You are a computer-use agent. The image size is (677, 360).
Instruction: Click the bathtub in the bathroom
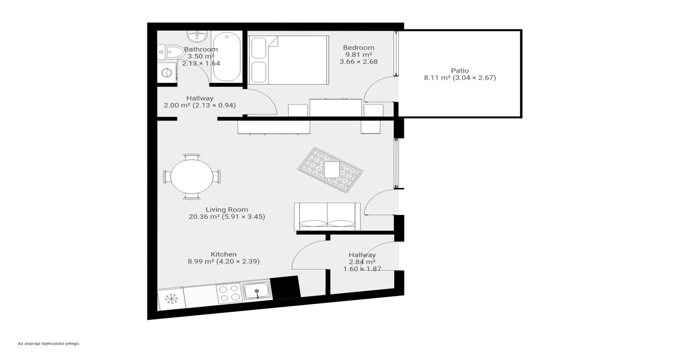click(227, 57)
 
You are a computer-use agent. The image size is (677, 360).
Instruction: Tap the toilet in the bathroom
click(171, 52)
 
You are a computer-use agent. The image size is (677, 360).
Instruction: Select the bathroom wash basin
click(197, 36)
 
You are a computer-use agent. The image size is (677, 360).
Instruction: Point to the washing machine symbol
click(167, 73)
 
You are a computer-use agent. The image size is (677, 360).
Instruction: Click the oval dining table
click(192, 176)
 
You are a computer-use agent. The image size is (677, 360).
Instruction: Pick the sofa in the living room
click(327, 217)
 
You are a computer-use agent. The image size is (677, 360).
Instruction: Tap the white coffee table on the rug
click(332, 170)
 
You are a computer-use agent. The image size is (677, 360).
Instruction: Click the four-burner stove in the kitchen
click(229, 293)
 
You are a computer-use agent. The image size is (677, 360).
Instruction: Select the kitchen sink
click(257, 290)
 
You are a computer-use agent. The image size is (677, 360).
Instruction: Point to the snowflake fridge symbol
click(171, 299)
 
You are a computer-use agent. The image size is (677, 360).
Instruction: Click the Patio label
click(460, 71)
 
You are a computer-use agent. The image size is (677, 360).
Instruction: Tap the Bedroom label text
click(358, 47)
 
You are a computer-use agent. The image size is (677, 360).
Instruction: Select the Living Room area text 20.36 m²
click(204, 217)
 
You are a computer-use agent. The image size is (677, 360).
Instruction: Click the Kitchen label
click(223, 254)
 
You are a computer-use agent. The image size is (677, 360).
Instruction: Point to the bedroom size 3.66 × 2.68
click(358, 62)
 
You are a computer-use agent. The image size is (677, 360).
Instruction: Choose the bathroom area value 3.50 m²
click(201, 56)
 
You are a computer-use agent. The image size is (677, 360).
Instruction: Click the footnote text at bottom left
click(49, 344)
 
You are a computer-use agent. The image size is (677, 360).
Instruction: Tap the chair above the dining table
click(191, 157)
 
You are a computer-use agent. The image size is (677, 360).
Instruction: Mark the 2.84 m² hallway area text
click(362, 262)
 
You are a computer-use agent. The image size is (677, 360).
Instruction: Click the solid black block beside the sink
click(285, 287)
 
